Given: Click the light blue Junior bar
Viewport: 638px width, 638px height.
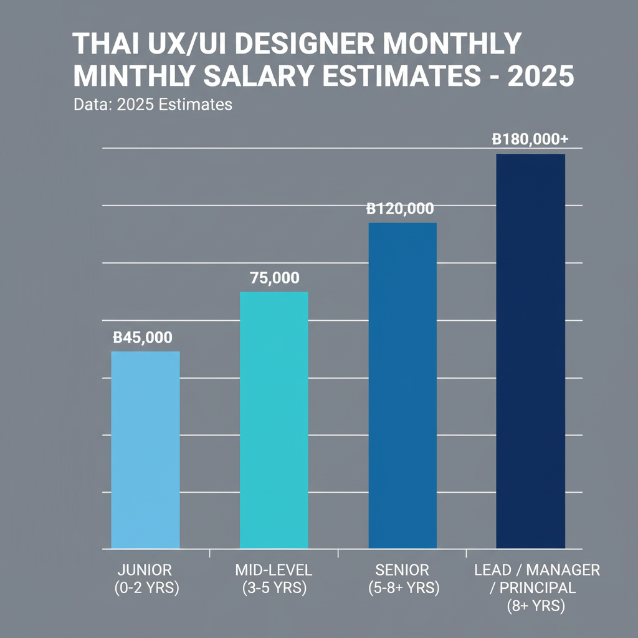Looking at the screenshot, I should [145, 450].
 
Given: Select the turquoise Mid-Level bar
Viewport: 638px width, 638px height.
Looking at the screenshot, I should [274, 421].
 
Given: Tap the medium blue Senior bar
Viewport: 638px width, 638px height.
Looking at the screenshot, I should [402, 386].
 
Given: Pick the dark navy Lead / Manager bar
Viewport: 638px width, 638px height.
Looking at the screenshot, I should [530, 351].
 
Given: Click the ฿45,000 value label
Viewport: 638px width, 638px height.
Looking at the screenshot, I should [143, 338].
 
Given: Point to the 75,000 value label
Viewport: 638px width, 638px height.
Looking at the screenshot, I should [274, 279].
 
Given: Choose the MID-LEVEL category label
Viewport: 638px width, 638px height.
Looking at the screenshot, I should [274, 570].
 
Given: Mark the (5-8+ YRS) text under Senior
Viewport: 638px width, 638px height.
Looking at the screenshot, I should [402, 588].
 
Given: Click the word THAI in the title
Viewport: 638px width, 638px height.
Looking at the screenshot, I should [99, 45].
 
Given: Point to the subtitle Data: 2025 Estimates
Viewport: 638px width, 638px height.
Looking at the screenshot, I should [153, 104].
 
